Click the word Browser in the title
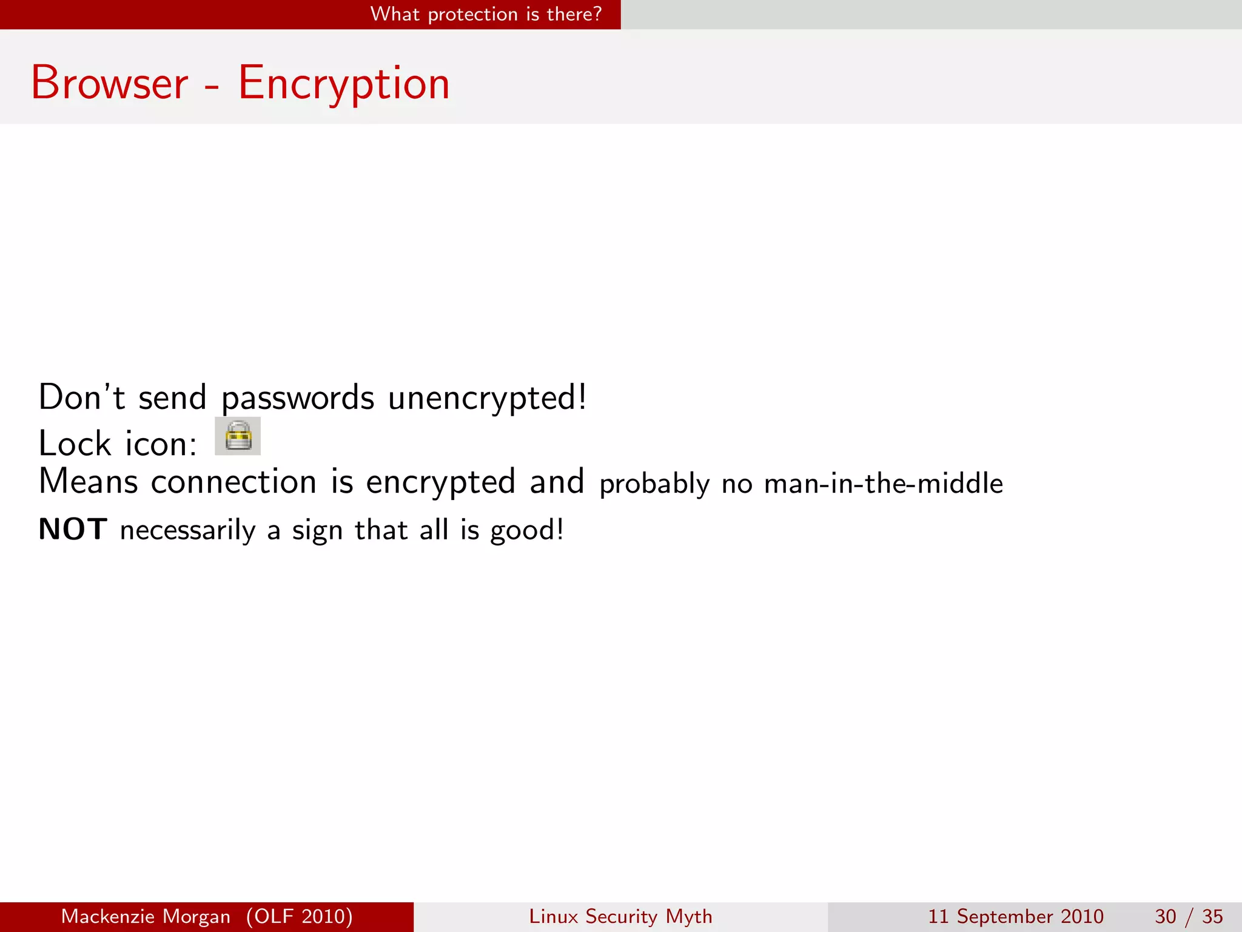pos(110,83)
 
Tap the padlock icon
pos(238,436)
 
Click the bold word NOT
pos(73,529)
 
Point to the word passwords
pos(298,399)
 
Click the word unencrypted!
pos(487,399)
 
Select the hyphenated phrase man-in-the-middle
pos(883,484)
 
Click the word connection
pos(233,482)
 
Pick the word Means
pos(89,482)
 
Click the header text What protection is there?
pos(486,14)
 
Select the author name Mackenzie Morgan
pos(146,916)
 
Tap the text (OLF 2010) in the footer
pos(300,916)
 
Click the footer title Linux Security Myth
pos(620,916)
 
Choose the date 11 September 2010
pos(1016,916)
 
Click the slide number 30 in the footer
pos(1165,916)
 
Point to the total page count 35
pos(1212,916)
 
